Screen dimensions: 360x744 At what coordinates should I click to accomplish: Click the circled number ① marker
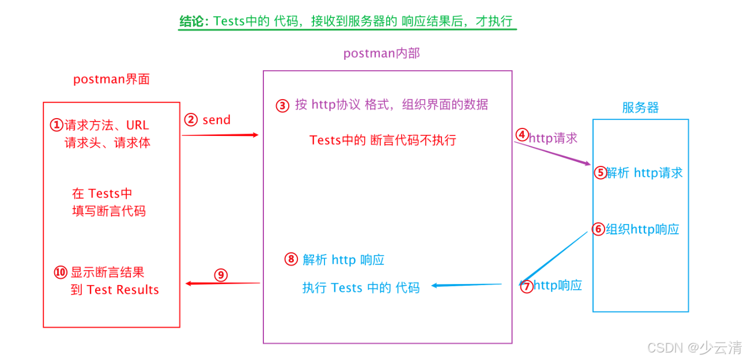click(56, 125)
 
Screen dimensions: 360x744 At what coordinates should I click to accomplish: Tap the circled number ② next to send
click(191, 120)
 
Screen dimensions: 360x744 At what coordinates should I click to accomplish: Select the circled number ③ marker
click(282, 105)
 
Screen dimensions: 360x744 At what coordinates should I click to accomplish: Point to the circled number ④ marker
click(522, 135)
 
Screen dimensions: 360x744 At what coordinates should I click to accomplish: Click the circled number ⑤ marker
click(601, 172)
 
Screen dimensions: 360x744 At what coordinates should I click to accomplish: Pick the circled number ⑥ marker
click(599, 229)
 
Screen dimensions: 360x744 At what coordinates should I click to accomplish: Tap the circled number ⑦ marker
click(527, 286)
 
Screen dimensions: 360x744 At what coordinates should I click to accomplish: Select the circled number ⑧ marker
click(291, 260)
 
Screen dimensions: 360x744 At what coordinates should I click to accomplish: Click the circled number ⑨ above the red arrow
click(221, 275)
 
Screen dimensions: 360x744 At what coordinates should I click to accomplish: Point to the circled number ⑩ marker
click(61, 272)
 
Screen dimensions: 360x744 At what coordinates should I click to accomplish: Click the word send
click(216, 120)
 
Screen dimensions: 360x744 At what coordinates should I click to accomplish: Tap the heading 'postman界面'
click(111, 79)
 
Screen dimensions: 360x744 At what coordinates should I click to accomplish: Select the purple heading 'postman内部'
click(382, 54)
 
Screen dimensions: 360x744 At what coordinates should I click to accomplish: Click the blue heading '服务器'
click(640, 108)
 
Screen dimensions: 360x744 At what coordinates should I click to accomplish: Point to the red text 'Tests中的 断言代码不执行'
click(383, 140)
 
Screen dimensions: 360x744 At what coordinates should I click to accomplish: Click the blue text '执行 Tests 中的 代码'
click(361, 287)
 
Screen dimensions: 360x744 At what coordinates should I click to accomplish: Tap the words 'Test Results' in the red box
click(122, 290)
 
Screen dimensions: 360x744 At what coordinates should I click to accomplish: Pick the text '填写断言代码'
click(109, 211)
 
